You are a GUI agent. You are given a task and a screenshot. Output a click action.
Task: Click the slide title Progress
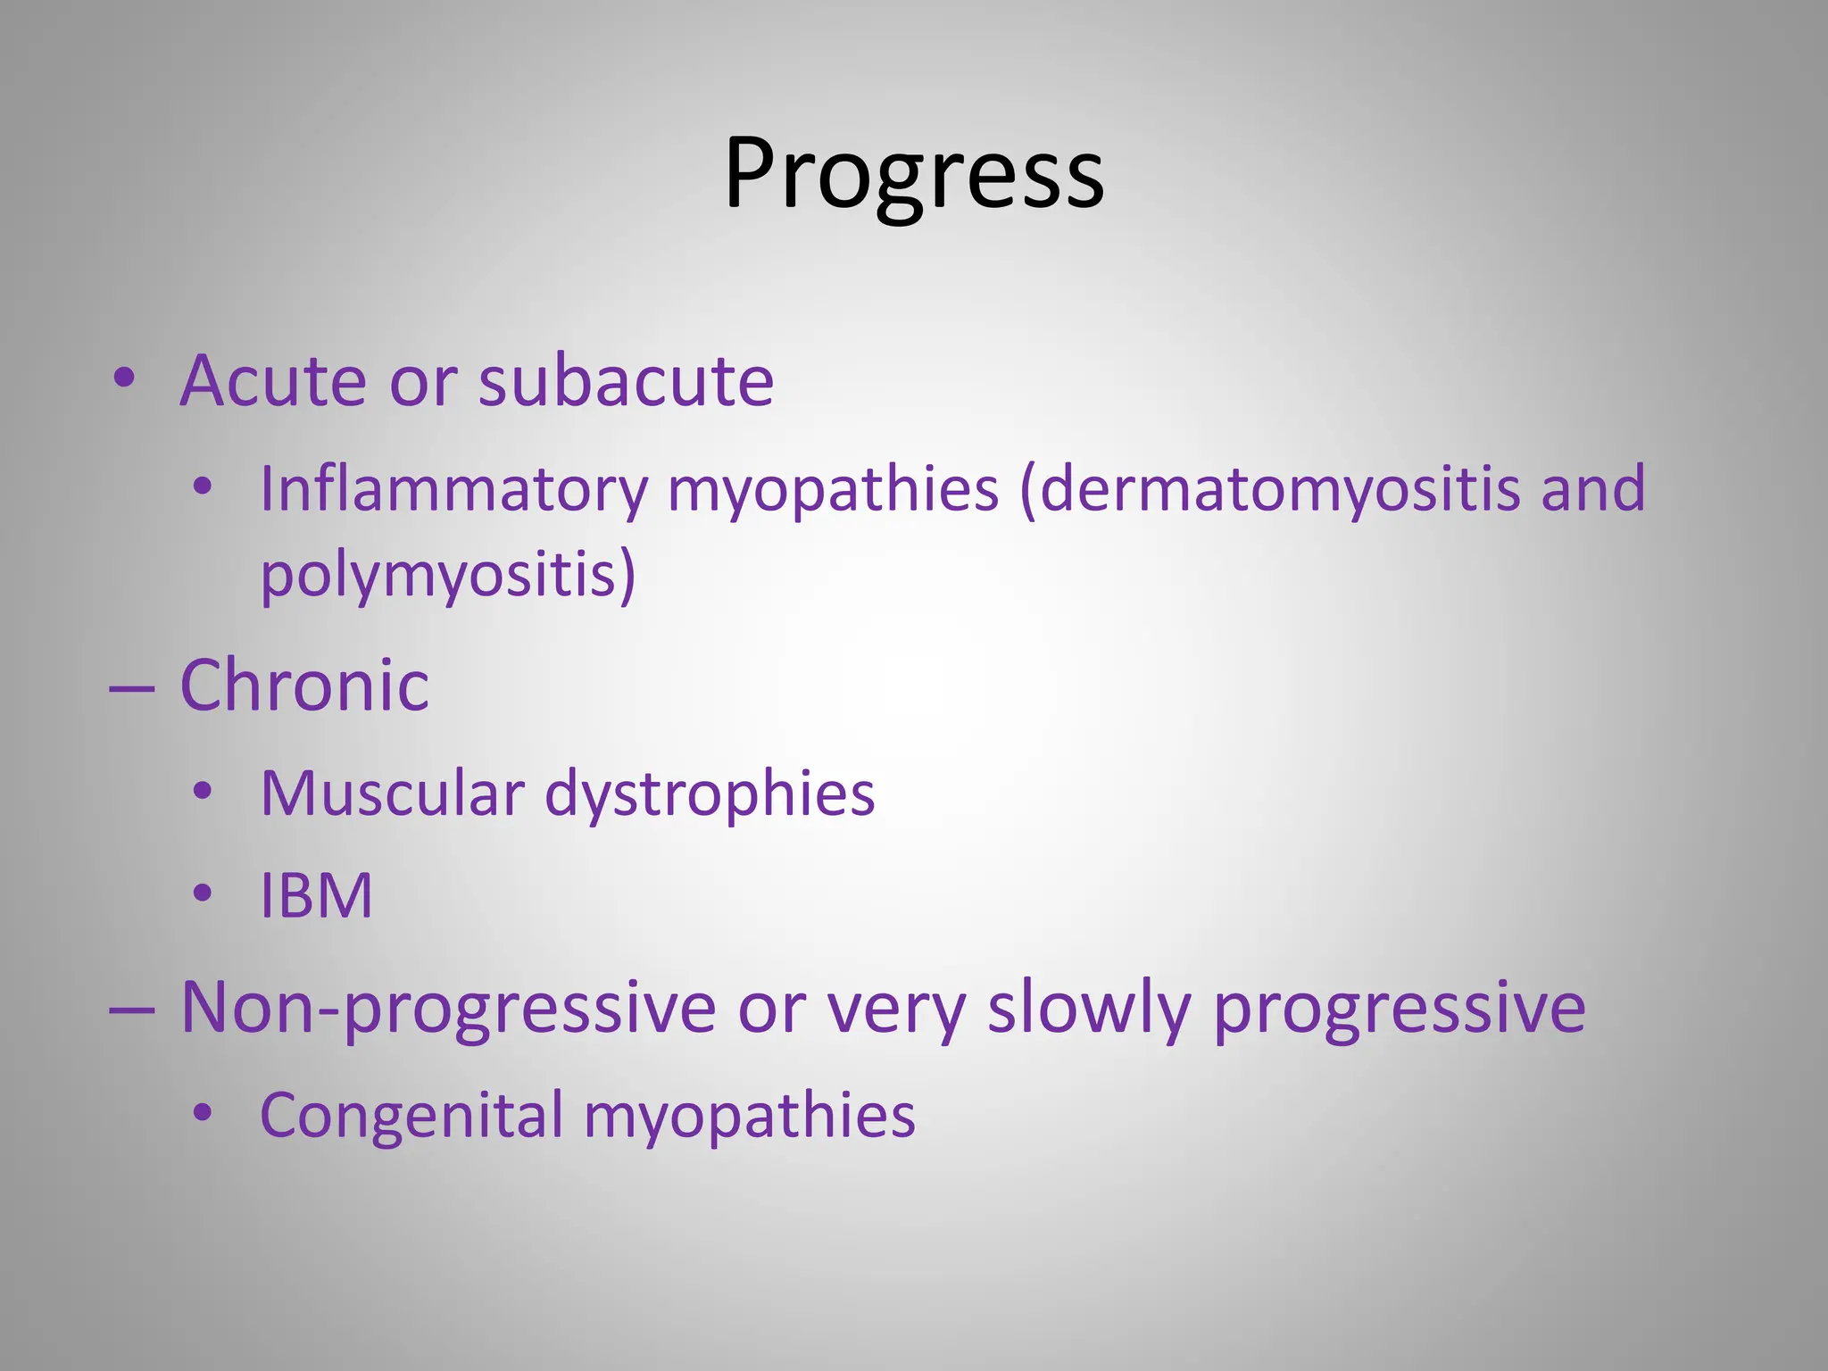914,174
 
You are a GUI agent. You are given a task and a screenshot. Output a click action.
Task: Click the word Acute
273,381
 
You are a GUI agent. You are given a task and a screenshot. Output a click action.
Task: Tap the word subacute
626,381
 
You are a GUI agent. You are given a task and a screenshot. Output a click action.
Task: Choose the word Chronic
304,685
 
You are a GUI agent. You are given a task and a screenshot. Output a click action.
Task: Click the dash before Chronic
132,689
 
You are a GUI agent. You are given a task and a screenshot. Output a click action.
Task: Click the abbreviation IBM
316,895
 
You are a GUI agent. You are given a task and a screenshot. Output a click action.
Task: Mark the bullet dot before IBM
204,893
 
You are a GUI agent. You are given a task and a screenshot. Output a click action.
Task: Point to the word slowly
1089,1008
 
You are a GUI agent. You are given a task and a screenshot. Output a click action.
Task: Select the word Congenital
411,1115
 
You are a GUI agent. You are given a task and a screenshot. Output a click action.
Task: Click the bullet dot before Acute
124,378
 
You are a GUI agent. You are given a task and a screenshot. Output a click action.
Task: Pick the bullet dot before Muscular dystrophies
204,791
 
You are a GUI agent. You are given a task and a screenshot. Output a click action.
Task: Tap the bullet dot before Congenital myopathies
204,1112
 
